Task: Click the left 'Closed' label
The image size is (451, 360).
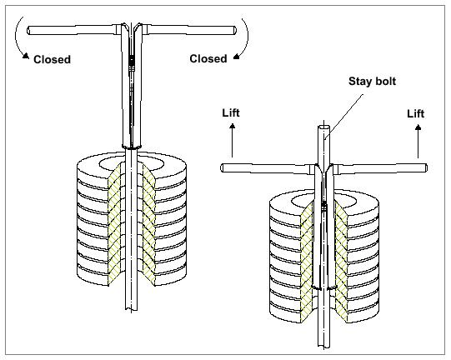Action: (52, 59)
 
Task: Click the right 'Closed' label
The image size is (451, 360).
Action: (208, 58)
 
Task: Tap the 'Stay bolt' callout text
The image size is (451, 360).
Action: (372, 82)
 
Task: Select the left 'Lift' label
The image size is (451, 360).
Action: (231, 112)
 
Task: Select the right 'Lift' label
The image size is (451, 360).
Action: (416, 113)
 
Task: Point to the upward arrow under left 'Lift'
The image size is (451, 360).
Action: (232, 140)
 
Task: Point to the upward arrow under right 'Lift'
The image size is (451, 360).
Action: (418, 141)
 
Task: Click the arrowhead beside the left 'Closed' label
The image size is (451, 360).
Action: (26, 56)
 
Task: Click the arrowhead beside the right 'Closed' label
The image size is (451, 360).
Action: (237, 57)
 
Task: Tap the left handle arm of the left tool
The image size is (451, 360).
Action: (74, 30)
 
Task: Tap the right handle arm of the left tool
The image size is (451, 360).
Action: (189, 30)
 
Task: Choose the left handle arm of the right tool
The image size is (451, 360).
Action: (267, 168)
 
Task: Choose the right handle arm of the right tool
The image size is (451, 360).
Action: (380, 168)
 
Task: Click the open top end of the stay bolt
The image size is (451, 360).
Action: (324, 127)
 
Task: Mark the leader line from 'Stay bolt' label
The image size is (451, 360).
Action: (343, 116)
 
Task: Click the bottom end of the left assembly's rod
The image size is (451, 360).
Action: (132, 309)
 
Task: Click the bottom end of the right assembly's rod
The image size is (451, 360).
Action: (324, 346)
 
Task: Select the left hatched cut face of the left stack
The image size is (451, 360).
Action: (114, 223)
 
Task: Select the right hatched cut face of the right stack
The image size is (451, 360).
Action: (341, 261)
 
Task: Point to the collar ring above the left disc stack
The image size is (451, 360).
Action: (132, 147)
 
